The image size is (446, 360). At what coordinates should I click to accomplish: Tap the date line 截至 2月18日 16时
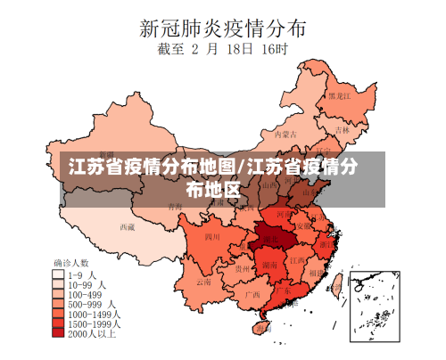click(223, 50)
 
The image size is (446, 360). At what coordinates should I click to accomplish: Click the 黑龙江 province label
click(338, 95)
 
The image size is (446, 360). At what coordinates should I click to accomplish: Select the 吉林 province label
click(343, 130)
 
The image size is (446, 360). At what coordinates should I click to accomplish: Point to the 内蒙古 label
click(283, 135)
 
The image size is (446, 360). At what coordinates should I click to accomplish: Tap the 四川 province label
click(211, 238)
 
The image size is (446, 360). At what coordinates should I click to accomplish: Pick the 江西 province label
click(294, 260)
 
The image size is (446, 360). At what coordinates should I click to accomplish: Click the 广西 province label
click(252, 293)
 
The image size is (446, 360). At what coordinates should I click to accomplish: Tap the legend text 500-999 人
click(90, 304)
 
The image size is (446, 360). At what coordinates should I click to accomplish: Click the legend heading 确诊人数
click(71, 264)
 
